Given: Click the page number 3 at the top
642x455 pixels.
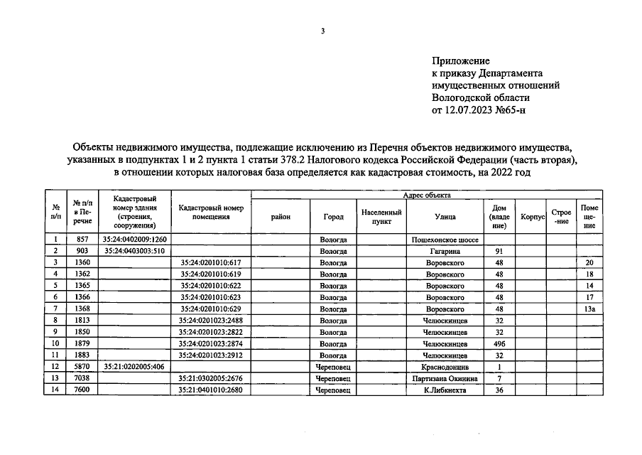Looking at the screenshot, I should pos(322,31).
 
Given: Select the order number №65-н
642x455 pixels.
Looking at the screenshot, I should pos(510,110).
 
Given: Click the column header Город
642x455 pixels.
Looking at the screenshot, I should pos(333,217).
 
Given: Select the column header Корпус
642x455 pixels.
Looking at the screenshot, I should pos(532,217).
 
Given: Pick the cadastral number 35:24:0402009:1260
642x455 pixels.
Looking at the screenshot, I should pos(134,240).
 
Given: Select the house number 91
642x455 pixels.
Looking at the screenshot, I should pos(499,251).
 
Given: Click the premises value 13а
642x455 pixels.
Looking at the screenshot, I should pos(589,309).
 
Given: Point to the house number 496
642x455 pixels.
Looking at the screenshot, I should pos(499,343).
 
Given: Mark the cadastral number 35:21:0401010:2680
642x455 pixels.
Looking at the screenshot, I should pos(211,390).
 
